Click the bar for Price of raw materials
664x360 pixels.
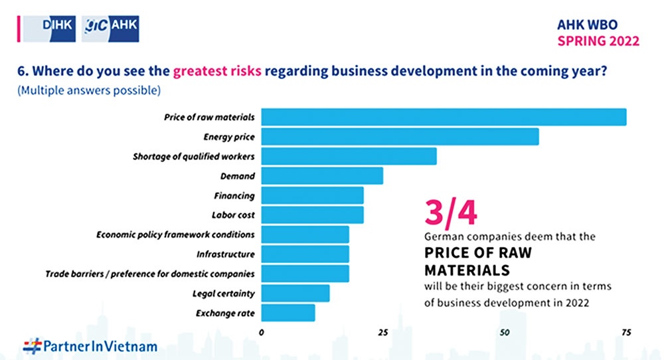444,117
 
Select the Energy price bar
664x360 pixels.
400,137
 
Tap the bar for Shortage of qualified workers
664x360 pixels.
349,156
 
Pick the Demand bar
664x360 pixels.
322,176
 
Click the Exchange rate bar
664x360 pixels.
288,312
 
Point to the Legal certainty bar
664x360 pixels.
295,293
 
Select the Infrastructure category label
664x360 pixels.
226,254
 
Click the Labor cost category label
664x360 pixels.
233,215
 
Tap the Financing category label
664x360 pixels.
234,196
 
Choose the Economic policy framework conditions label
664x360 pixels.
175,234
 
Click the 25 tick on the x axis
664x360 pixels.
382,332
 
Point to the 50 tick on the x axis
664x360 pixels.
505,332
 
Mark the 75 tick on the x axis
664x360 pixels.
625,332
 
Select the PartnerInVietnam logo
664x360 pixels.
90,345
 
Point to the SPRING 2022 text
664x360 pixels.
598,41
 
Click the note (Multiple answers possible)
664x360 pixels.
90,89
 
